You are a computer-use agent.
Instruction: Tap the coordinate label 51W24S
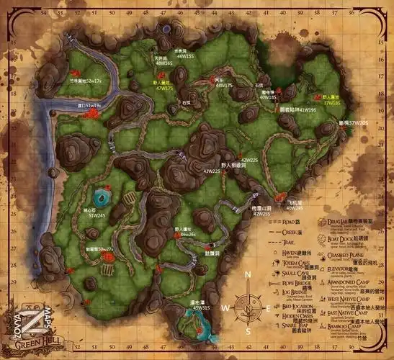(97, 214)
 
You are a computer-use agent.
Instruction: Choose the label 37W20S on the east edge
(354, 123)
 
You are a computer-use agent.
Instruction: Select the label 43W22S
(211, 171)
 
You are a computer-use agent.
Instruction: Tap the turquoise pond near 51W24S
(101, 196)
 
